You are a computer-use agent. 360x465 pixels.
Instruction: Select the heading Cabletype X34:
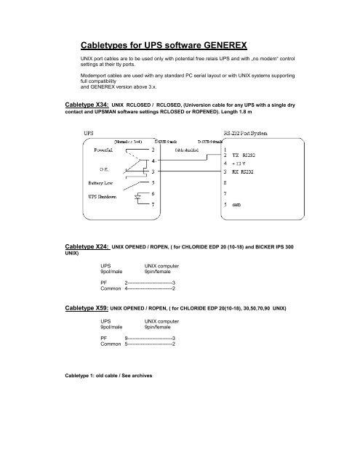(84, 105)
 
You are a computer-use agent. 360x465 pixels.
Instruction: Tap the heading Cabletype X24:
(84, 247)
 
